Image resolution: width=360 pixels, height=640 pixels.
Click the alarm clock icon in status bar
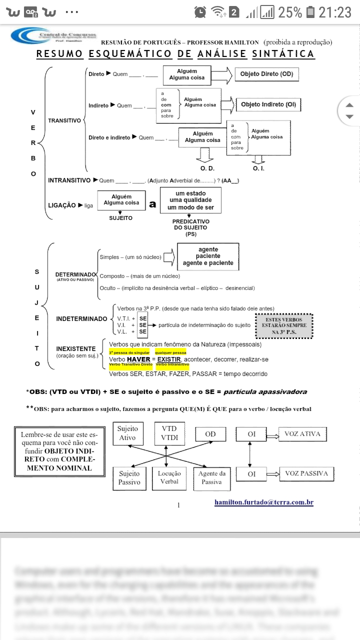click(200, 12)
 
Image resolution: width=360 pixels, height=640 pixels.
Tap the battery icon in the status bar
click(310, 12)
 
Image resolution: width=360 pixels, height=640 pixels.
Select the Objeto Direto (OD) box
click(266, 74)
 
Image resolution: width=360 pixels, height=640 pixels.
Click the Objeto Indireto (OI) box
click(268, 104)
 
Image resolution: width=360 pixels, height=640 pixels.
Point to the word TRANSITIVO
click(64, 120)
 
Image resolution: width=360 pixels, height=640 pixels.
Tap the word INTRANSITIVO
click(69, 180)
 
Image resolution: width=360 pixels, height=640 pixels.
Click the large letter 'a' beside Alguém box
click(152, 204)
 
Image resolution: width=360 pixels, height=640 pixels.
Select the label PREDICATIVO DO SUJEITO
click(190, 224)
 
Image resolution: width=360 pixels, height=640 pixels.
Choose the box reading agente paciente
click(208, 256)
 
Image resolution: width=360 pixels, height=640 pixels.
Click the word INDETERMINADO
click(81, 318)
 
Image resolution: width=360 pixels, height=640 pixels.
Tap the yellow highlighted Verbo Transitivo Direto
click(130, 364)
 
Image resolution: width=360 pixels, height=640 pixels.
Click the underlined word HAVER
click(138, 359)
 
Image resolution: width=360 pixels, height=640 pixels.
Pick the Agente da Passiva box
click(211, 477)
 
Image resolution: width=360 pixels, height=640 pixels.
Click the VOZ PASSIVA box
click(306, 473)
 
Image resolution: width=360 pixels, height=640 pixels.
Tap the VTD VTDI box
click(169, 433)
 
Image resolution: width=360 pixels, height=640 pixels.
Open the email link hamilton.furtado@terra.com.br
click(263, 502)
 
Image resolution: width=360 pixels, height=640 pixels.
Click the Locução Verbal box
click(169, 477)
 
